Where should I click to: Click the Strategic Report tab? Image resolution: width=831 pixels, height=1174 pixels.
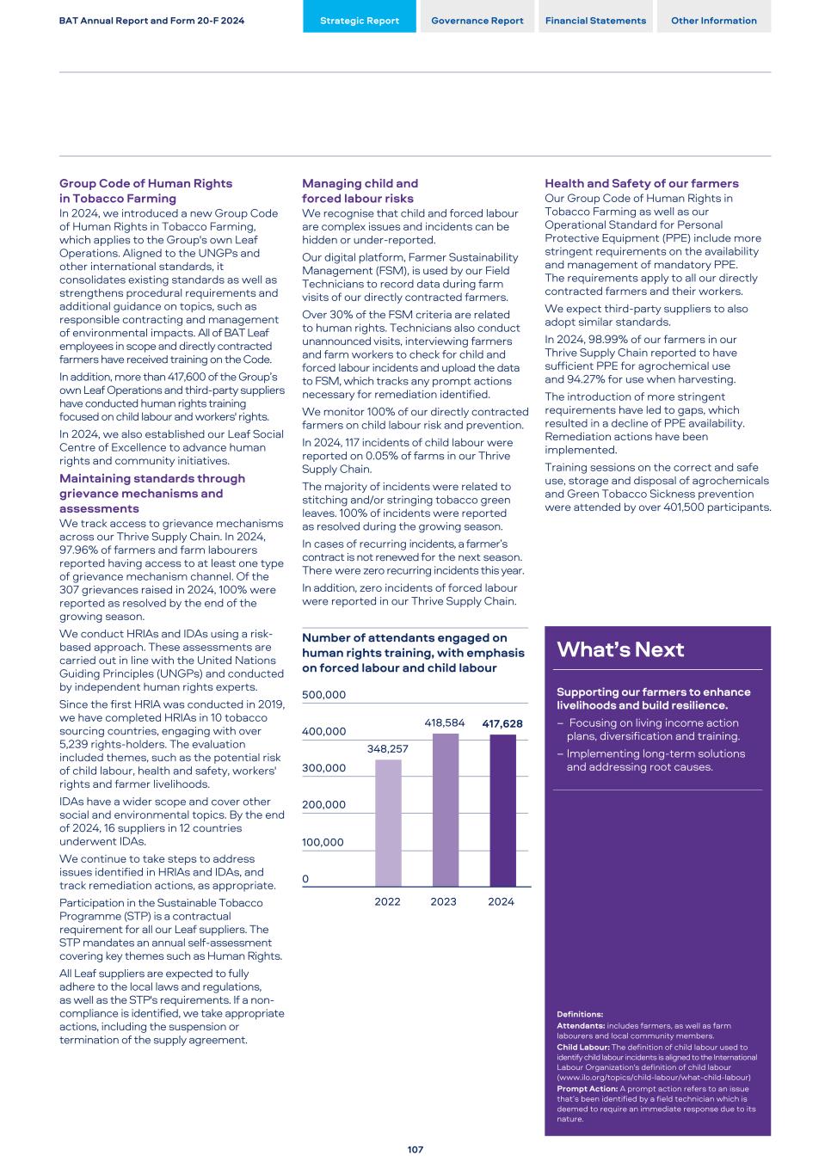coord(360,21)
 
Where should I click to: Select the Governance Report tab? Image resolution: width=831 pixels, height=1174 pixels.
coord(477,21)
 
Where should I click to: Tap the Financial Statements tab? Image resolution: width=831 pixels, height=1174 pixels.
coord(595,21)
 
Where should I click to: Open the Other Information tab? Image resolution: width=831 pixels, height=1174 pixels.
coord(714,21)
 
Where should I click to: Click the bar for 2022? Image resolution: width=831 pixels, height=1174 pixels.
coord(388,822)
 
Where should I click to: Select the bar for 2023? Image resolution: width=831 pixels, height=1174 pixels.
coord(445,809)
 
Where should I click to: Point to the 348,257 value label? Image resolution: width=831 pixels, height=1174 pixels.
coord(388,749)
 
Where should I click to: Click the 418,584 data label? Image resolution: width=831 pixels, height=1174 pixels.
coord(445,723)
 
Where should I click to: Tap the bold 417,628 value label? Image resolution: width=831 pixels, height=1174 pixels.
coord(502,724)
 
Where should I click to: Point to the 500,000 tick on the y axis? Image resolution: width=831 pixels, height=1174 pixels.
coord(323,695)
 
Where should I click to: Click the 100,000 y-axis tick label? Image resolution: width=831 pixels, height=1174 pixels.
coord(323,842)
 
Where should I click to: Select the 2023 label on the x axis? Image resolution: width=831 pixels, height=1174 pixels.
coord(444,901)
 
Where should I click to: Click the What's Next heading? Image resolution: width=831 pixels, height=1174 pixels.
coord(620,649)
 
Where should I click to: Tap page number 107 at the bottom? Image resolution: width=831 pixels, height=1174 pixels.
coord(415,1149)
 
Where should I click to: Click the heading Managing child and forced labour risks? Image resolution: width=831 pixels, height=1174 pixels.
coord(360,191)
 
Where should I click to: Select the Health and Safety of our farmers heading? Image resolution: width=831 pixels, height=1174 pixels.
coord(642,183)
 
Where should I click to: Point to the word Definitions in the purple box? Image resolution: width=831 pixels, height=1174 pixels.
coord(580,1015)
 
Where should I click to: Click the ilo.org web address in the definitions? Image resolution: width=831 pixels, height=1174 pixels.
coord(653,1078)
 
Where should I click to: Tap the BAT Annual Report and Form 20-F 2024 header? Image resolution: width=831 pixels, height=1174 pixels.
coord(151,21)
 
